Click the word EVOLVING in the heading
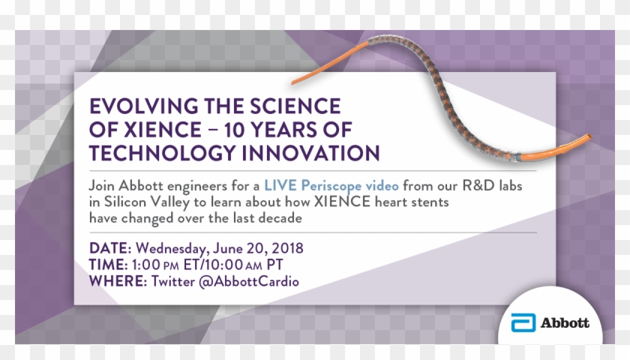(x=144, y=106)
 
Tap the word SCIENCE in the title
(x=295, y=106)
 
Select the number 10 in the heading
(x=237, y=130)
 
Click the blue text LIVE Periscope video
(x=331, y=186)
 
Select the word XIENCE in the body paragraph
(x=342, y=201)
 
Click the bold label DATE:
(x=110, y=248)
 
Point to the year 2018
(x=287, y=248)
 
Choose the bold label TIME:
(x=109, y=265)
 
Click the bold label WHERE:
(x=118, y=281)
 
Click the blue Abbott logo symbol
(x=523, y=322)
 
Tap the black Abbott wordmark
(x=565, y=322)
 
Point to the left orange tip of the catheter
(x=293, y=82)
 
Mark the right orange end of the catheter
(x=589, y=136)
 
